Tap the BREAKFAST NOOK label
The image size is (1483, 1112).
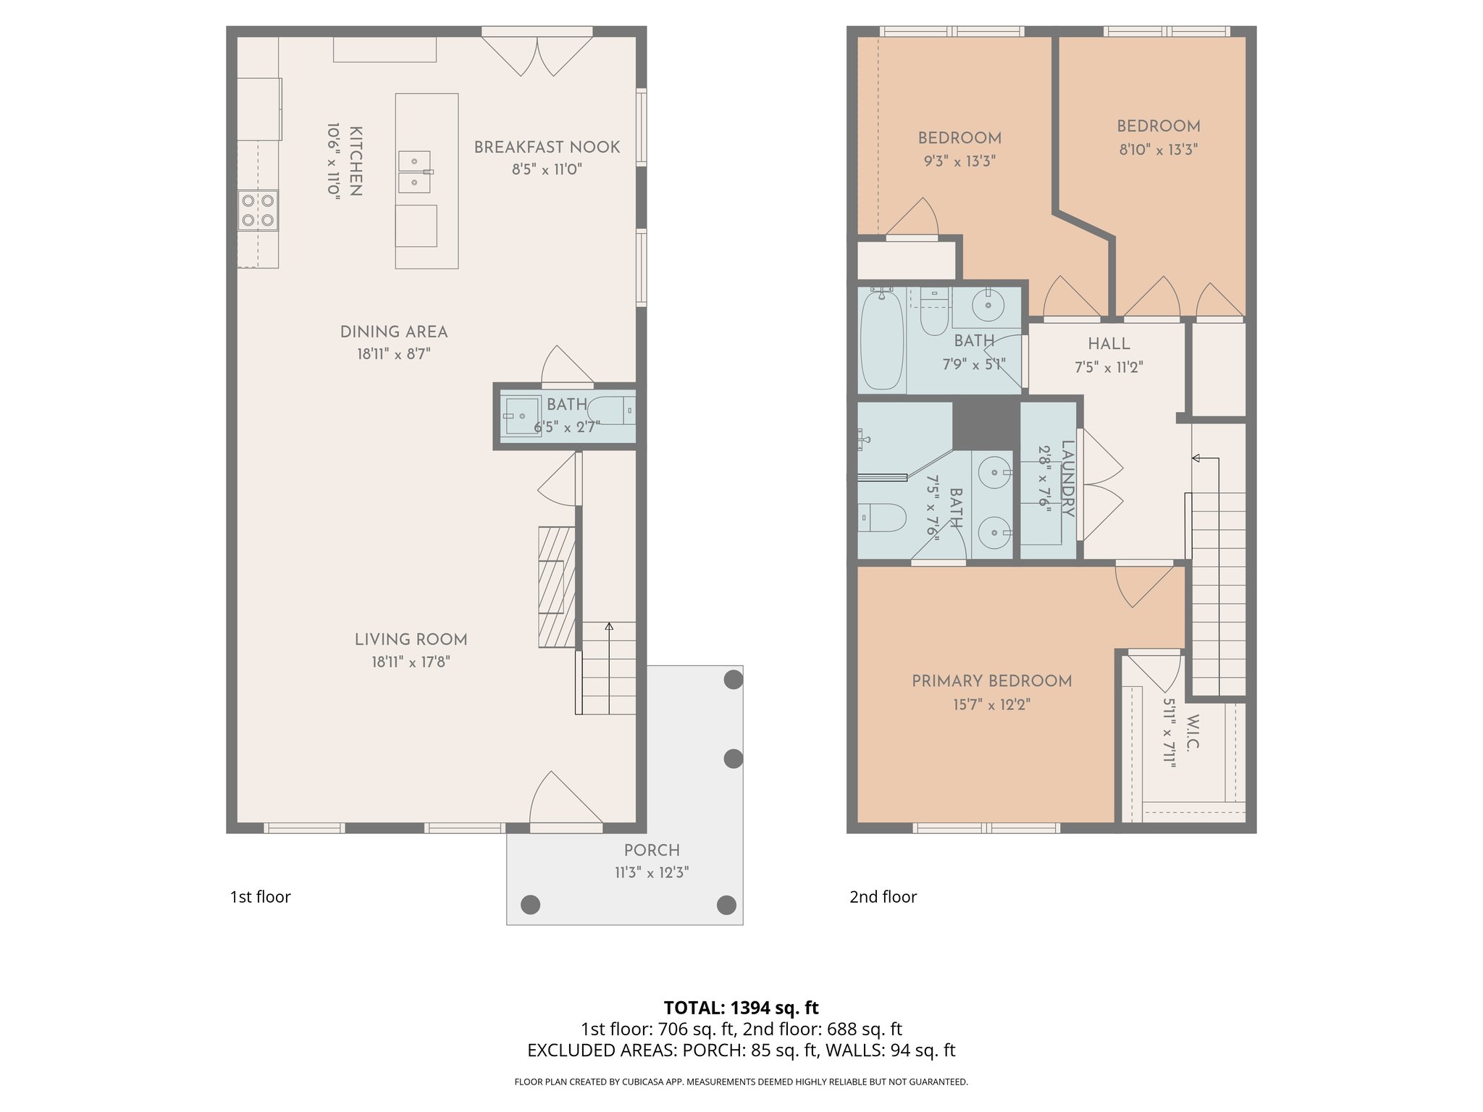point(547,147)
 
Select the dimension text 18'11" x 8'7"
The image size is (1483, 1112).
point(393,354)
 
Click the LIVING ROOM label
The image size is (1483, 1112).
point(411,639)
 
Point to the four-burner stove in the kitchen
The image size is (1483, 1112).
point(258,210)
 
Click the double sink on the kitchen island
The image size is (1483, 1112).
point(414,172)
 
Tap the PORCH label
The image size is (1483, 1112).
point(652,850)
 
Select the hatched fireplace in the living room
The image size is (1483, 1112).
point(556,586)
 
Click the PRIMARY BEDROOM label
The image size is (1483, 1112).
point(991,681)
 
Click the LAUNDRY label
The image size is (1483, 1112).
point(1067,479)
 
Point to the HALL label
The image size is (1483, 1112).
point(1109,344)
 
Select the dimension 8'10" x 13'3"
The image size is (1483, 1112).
point(1158,150)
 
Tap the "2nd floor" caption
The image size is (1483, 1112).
point(883,897)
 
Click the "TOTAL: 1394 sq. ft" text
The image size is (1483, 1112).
point(741,1008)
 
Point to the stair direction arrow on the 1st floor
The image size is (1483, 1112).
point(609,627)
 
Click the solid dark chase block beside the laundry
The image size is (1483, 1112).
point(986,424)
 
